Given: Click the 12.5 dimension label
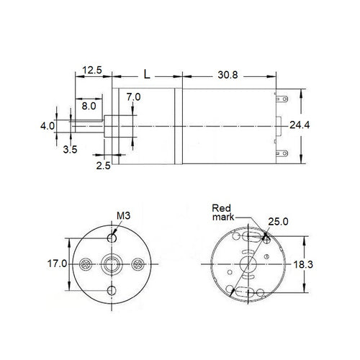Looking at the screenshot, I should (x=92, y=70).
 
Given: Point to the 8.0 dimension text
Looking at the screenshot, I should (x=89, y=106).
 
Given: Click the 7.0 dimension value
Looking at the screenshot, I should (x=133, y=96).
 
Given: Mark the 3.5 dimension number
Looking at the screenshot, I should (x=70, y=150).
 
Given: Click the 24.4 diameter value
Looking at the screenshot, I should (x=300, y=125).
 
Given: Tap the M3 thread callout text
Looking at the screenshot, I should (x=125, y=215).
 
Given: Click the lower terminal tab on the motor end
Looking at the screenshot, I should (x=286, y=153).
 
